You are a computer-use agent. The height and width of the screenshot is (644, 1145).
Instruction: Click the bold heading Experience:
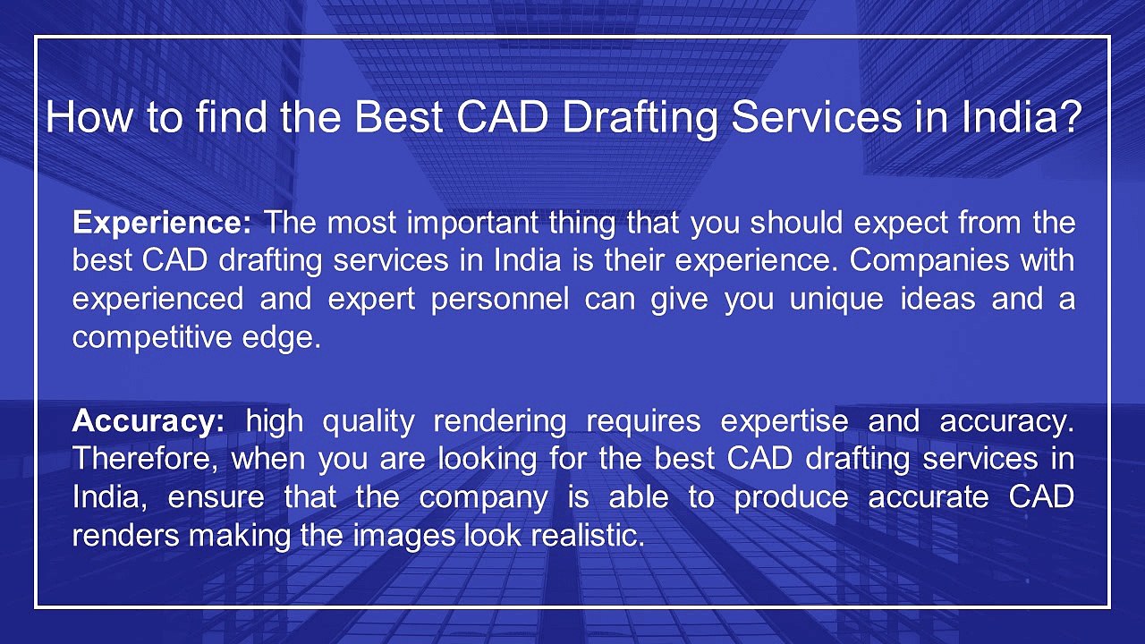pos(162,224)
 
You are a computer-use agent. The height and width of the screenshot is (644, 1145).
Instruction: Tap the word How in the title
pos(89,117)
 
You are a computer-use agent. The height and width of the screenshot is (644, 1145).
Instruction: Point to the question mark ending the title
pos(1068,117)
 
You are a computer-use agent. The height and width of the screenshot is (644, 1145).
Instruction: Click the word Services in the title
pos(817,117)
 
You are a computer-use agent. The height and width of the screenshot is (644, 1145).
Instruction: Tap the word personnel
pos(500,300)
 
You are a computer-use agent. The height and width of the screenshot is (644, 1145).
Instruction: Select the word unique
pos(836,300)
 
